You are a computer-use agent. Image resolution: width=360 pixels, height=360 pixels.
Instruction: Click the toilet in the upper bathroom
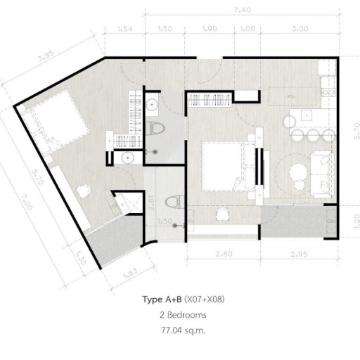pos(158,129)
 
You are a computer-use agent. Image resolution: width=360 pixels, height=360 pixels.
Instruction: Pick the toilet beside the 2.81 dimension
pos(172,202)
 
